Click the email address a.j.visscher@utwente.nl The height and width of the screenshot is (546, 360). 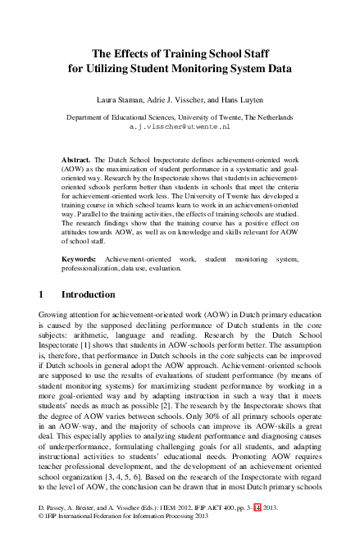pyautogui.click(x=180, y=128)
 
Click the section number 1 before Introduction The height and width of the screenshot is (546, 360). pyautogui.click(x=42, y=293)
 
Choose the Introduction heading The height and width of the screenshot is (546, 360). pyautogui.click(x=90, y=293)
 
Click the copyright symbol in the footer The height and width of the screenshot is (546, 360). pyautogui.click(x=42, y=539)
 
